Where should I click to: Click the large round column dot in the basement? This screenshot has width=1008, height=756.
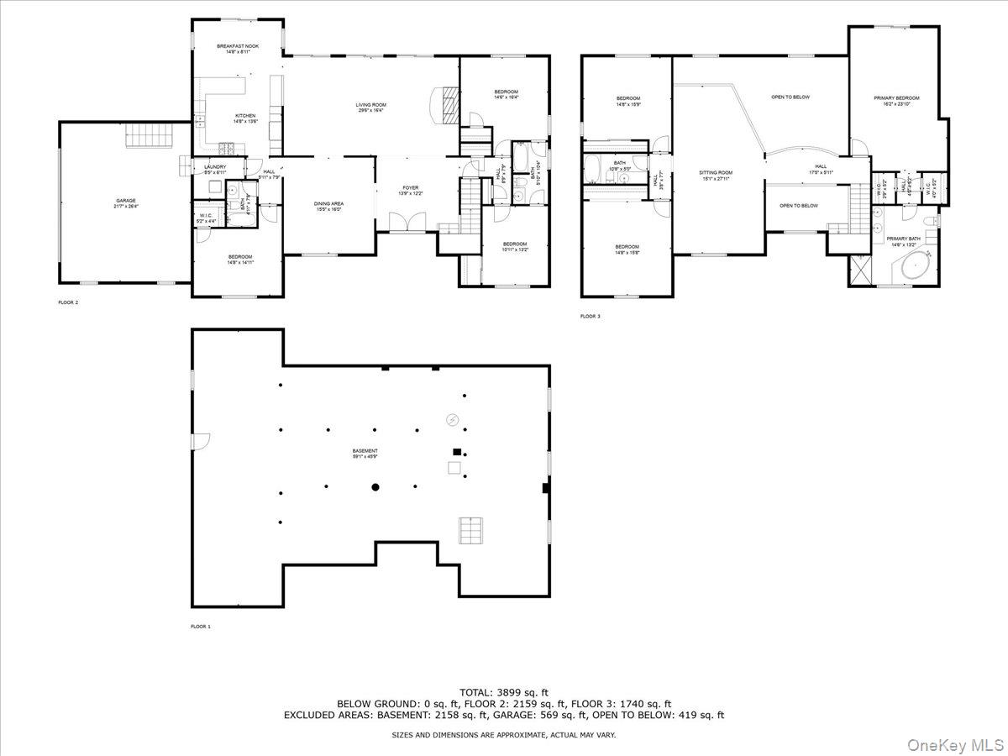pos(375,487)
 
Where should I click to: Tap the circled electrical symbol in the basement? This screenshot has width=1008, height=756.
pos(453,419)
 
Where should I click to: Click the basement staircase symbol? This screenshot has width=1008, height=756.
pos(470,531)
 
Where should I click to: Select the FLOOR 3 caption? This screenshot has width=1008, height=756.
pos(591,317)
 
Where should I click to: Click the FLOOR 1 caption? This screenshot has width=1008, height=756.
pos(201,627)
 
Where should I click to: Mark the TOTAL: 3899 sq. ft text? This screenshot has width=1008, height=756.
pos(504,691)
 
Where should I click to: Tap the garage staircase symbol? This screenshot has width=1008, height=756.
pos(149,134)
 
